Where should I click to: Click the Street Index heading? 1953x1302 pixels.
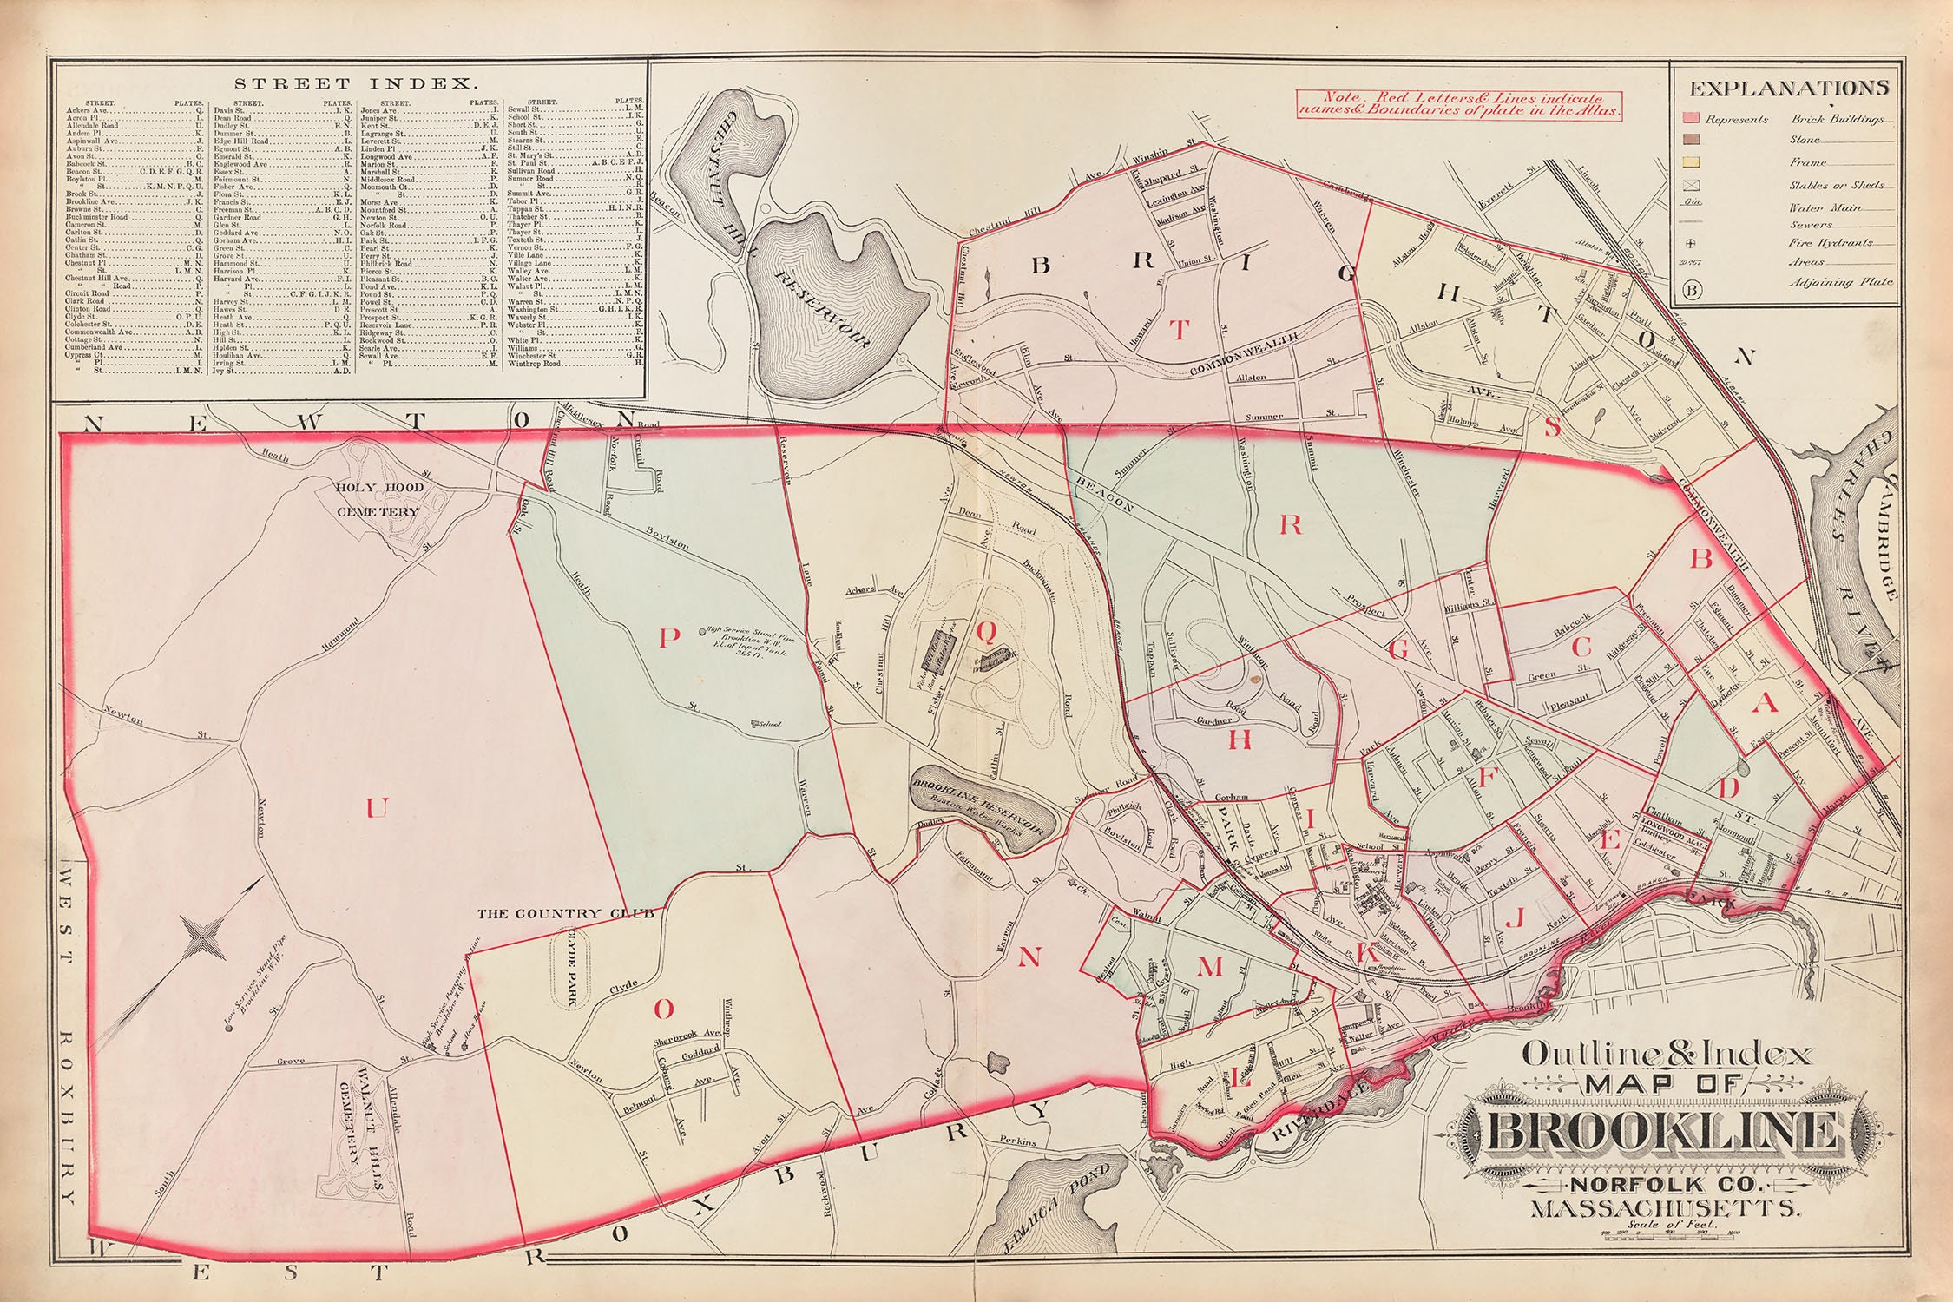pyautogui.click(x=355, y=84)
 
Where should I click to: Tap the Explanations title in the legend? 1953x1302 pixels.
pyautogui.click(x=1788, y=89)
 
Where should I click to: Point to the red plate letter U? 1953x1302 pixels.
pyautogui.click(x=375, y=809)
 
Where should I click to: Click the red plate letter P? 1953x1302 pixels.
pyautogui.click(x=667, y=639)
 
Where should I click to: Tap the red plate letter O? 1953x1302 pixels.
pyautogui.click(x=662, y=1009)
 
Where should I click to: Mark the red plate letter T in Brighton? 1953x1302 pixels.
pyautogui.click(x=1178, y=330)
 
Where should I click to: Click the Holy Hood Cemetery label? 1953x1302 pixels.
pyautogui.click(x=381, y=499)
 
